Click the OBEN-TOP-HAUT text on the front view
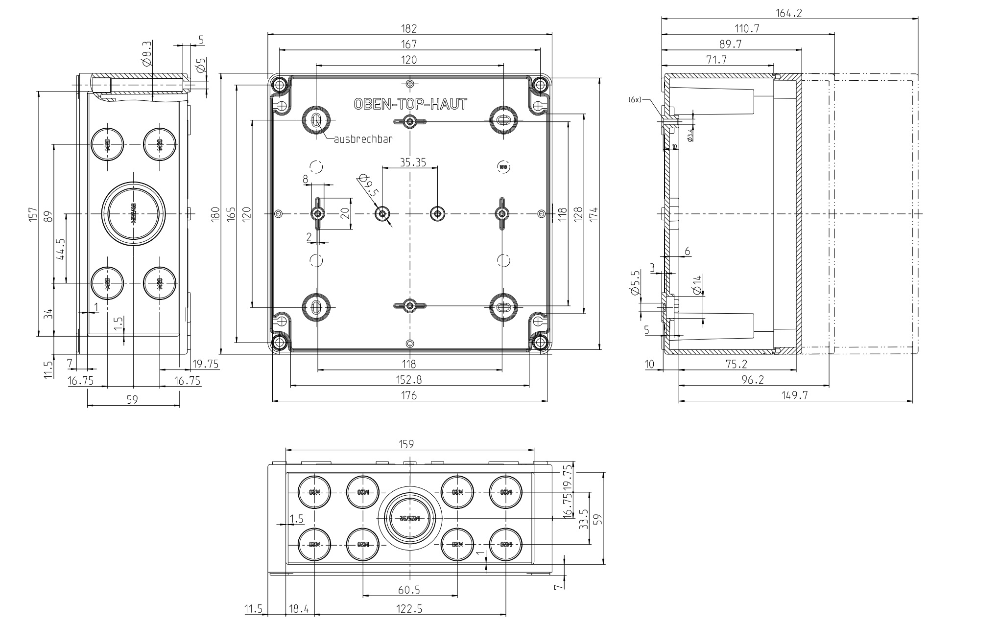[x=410, y=104]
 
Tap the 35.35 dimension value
[x=409, y=162]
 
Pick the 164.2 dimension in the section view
[x=789, y=13]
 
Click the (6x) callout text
[x=635, y=100]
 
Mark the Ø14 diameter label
[x=697, y=284]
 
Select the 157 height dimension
[x=33, y=213]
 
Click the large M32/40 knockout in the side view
[x=134, y=214]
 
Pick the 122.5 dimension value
[x=409, y=609]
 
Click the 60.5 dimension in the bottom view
[x=409, y=590]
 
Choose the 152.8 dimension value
[x=409, y=379]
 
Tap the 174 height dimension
[x=594, y=213]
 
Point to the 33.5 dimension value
[x=583, y=519]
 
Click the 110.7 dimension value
[x=747, y=29]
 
